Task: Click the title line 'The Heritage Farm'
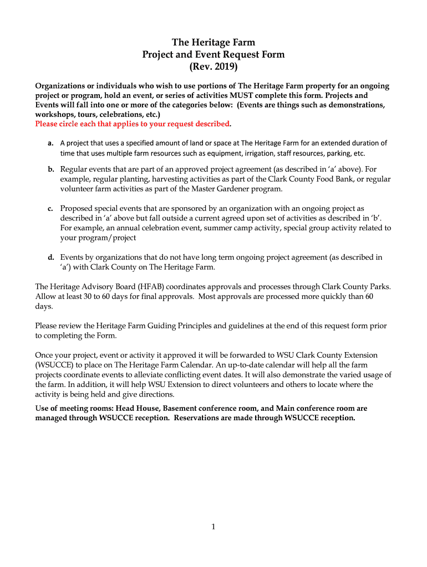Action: point(213,42)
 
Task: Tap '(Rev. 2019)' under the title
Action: point(213,67)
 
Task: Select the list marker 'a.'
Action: point(49,143)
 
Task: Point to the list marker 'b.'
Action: point(50,169)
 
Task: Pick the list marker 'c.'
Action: point(50,208)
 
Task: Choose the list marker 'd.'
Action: point(50,257)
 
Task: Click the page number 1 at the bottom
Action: point(213,527)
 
